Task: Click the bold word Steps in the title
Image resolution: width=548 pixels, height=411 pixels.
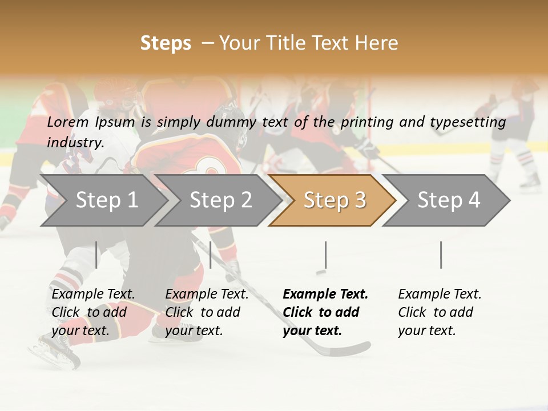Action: click(166, 43)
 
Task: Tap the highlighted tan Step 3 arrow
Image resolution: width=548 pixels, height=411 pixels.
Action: click(334, 200)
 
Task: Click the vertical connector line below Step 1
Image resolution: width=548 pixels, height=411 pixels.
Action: click(96, 255)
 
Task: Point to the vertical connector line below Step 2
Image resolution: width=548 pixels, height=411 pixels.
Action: click(211, 255)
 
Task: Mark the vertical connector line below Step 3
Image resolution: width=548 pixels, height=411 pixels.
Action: click(325, 255)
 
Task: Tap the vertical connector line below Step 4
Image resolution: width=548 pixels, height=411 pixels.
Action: click(441, 255)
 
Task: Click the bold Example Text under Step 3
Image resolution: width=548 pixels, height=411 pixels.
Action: click(325, 312)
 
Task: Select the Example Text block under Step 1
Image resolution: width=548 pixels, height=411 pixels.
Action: click(93, 312)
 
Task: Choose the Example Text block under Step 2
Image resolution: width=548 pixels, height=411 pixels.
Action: click(207, 312)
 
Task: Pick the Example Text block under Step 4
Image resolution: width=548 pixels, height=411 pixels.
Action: click(440, 312)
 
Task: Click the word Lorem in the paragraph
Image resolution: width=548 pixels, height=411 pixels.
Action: click(68, 122)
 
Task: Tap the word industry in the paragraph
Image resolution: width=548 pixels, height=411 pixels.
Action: click(75, 142)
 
